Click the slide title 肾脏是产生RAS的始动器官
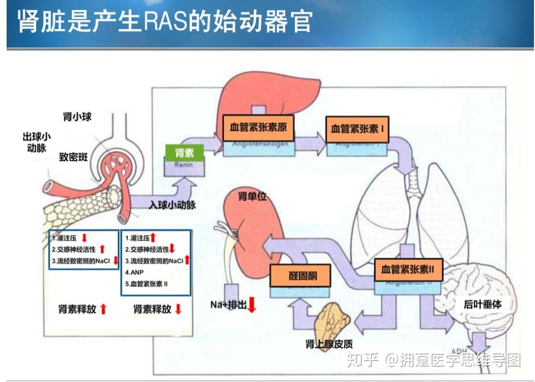pyautogui.click(x=165, y=22)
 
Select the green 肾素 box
pyautogui.click(x=183, y=152)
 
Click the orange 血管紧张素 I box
pyautogui.click(x=357, y=129)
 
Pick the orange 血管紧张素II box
pyautogui.click(x=408, y=269)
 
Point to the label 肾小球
pyautogui.click(x=77, y=117)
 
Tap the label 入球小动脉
pyautogui.click(x=172, y=205)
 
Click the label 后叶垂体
pyautogui.click(x=482, y=305)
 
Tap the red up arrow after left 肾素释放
pyautogui.click(x=103, y=309)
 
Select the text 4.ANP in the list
pyautogui.click(x=135, y=272)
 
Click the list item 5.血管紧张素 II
pyautogui.click(x=147, y=284)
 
